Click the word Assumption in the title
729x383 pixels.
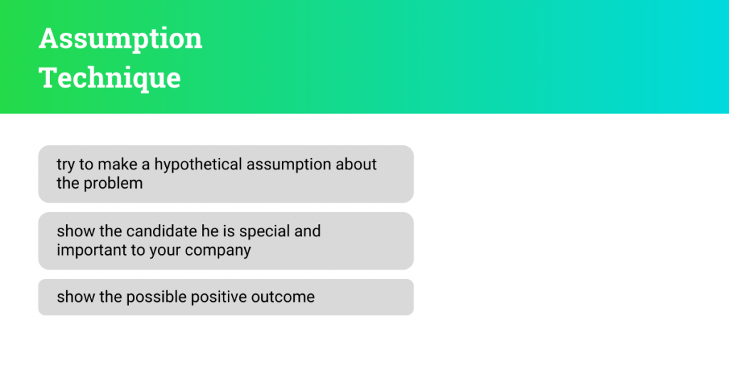(x=120, y=39)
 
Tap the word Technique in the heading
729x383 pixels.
(x=110, y=78)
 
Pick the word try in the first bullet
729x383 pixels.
(x=65, y=165)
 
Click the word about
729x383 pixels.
(x=356, y=164)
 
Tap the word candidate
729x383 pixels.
(x=161, y=231)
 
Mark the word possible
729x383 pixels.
(x=155, y=297)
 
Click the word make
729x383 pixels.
(x=117, y=164)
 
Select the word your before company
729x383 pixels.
(x=165, y=251)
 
